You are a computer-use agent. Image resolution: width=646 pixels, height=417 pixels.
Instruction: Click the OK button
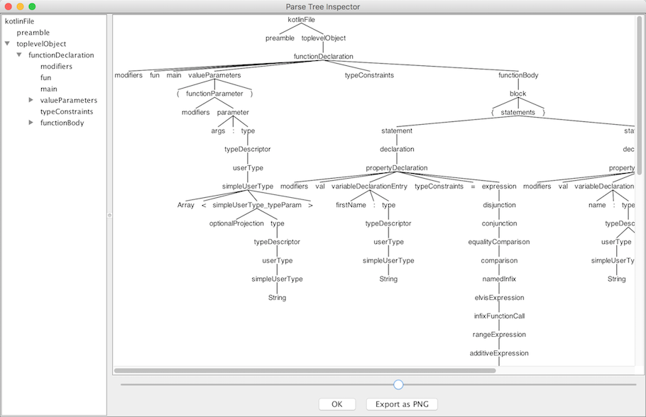coord(337,404)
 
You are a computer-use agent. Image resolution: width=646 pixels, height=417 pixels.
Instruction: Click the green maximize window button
coord(32,6)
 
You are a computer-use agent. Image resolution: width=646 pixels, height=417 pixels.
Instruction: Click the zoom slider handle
coord(398,384)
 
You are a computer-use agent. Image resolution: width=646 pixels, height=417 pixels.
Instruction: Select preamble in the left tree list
coord(33,33)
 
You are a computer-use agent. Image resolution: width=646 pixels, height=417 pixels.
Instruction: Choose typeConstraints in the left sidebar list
coord(67,111)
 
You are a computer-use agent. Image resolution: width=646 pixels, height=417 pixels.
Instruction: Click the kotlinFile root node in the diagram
coord(302,20)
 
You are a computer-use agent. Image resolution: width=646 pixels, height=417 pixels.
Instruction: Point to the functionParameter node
coord(214,94)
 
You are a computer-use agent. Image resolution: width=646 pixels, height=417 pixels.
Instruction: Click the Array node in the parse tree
coord(186,205)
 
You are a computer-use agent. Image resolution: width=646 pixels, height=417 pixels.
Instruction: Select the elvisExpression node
coord(499,298)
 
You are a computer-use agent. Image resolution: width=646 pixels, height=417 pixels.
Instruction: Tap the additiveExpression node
coord(499,353)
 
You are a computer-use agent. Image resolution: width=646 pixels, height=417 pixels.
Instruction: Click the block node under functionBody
coord(518,94)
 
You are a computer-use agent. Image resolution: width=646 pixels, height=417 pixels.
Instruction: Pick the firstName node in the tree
coord(351,205)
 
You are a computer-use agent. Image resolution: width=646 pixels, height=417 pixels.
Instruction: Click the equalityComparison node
coord(499,242)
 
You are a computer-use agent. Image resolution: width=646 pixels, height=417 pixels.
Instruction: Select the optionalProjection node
coord(236,223)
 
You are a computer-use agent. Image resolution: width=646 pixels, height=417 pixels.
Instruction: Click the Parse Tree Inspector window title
coord(323,6)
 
